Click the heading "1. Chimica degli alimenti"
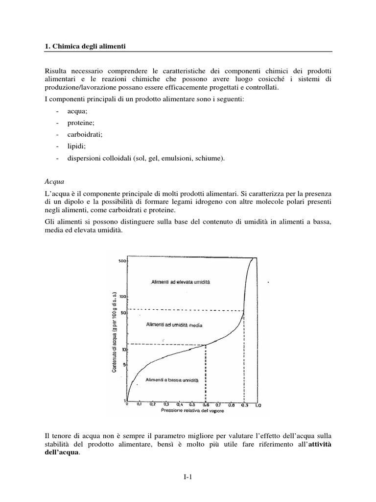click(85, 46)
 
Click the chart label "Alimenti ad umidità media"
click(174, 326)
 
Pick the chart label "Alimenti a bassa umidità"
click(171, 380)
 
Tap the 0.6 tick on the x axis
click(206, 404)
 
